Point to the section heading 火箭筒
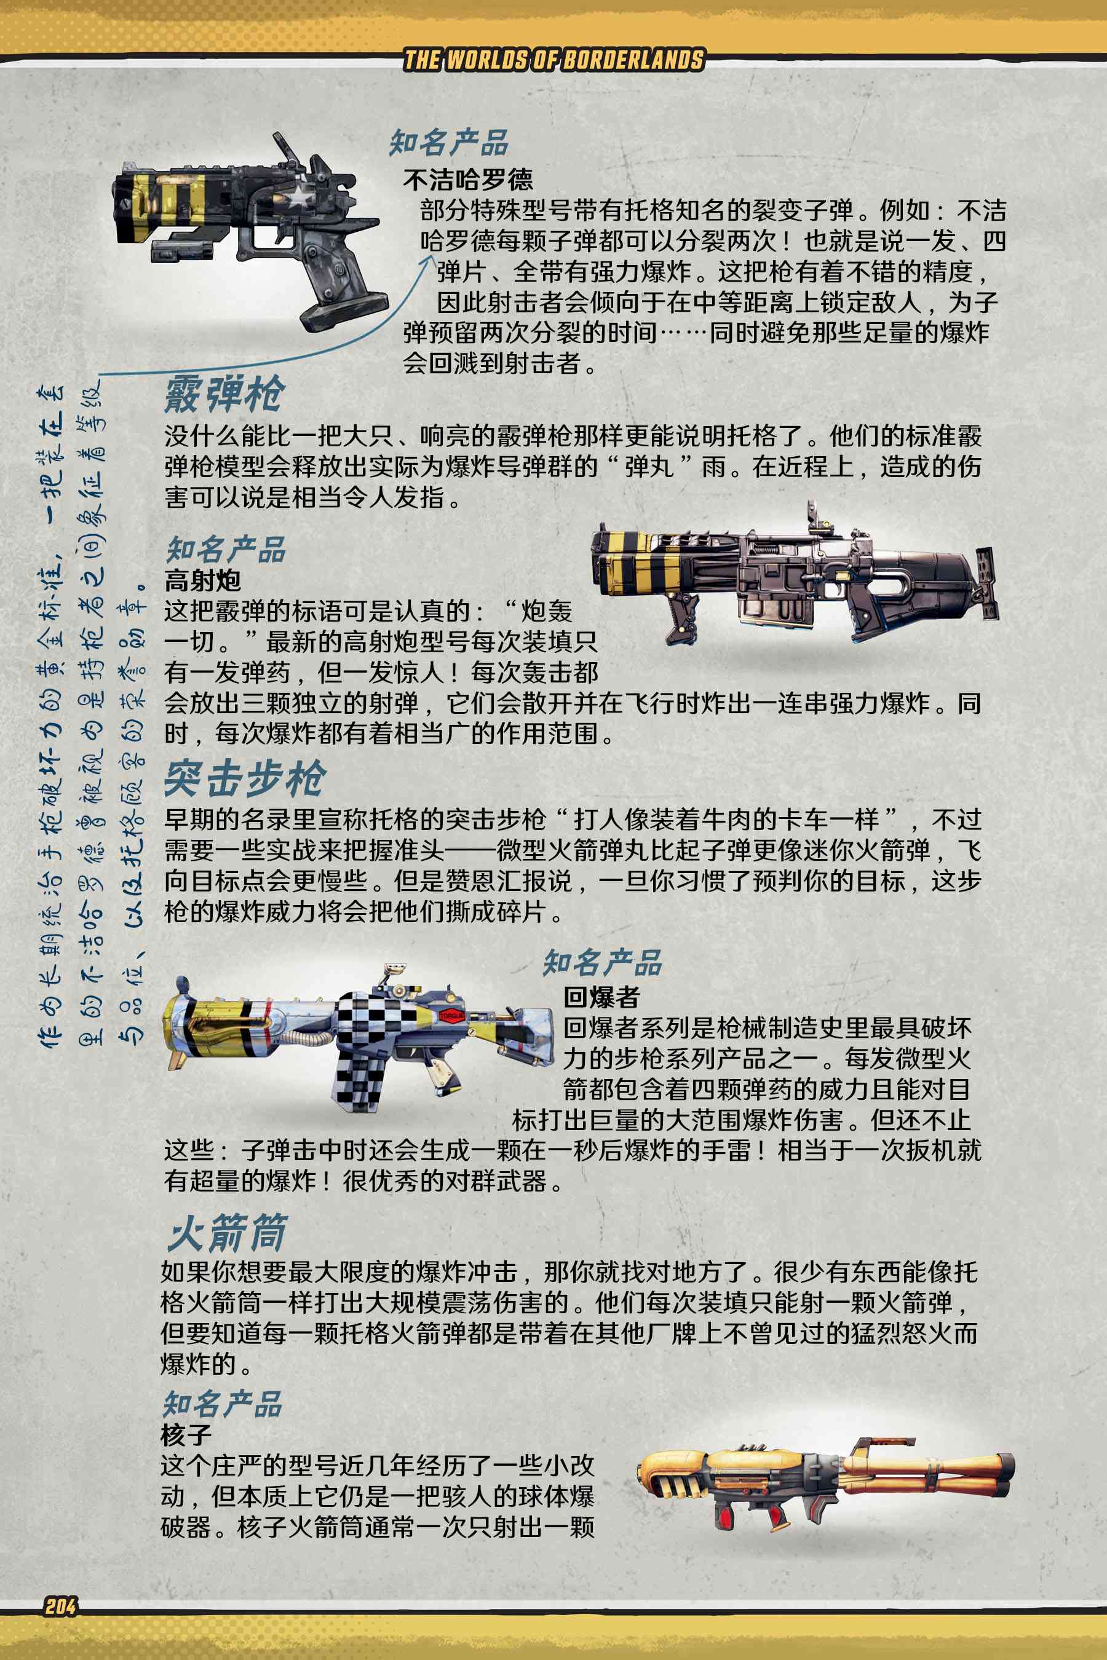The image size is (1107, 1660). click(x=226, y=1232)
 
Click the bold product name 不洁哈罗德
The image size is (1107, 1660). click(x=468, y=180)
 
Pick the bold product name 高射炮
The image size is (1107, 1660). click(x=202, y=580)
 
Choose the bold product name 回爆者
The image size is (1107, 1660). click(x=601, y=997)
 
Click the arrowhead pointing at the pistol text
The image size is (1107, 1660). click(x=426, y=263)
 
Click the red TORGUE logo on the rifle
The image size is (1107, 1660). click(x=451, y=1016)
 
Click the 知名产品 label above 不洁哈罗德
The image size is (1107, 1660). click(x=449, y=143)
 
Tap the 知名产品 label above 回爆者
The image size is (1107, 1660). click(x=602, y=962)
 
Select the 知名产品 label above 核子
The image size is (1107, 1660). click(x=223, y=1404)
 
